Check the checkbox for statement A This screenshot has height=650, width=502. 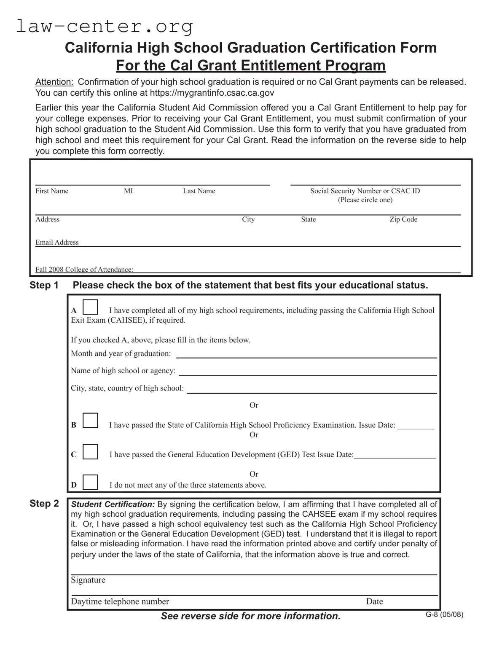[x=90, y=307]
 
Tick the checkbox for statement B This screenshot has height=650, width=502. [x=90, y=421]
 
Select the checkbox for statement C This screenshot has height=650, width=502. [x=90, y=451]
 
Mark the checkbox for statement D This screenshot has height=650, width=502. [x=90, y=482]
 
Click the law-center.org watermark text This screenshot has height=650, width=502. [x=105, y=26]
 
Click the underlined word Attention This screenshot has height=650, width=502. [x=54, y=82]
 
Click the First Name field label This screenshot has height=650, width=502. [x=52, y=191]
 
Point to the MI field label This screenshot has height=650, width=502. [x=128, y=191]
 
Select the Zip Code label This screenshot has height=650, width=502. [x=403, y=219]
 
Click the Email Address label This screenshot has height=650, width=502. [x=57, y=243]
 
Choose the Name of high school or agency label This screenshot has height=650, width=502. [x=123, y=371]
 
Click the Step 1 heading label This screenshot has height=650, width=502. [x=44, y=285]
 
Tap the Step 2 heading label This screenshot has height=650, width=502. [x=44, y=504]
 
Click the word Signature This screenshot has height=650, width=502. [x=88, y=580]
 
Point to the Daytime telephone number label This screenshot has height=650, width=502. [x=120, y=601]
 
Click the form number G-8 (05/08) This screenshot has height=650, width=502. [x=444, y=615]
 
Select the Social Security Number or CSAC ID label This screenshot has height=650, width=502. [x=365, y=191]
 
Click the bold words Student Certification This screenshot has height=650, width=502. [x=113, y=504]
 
